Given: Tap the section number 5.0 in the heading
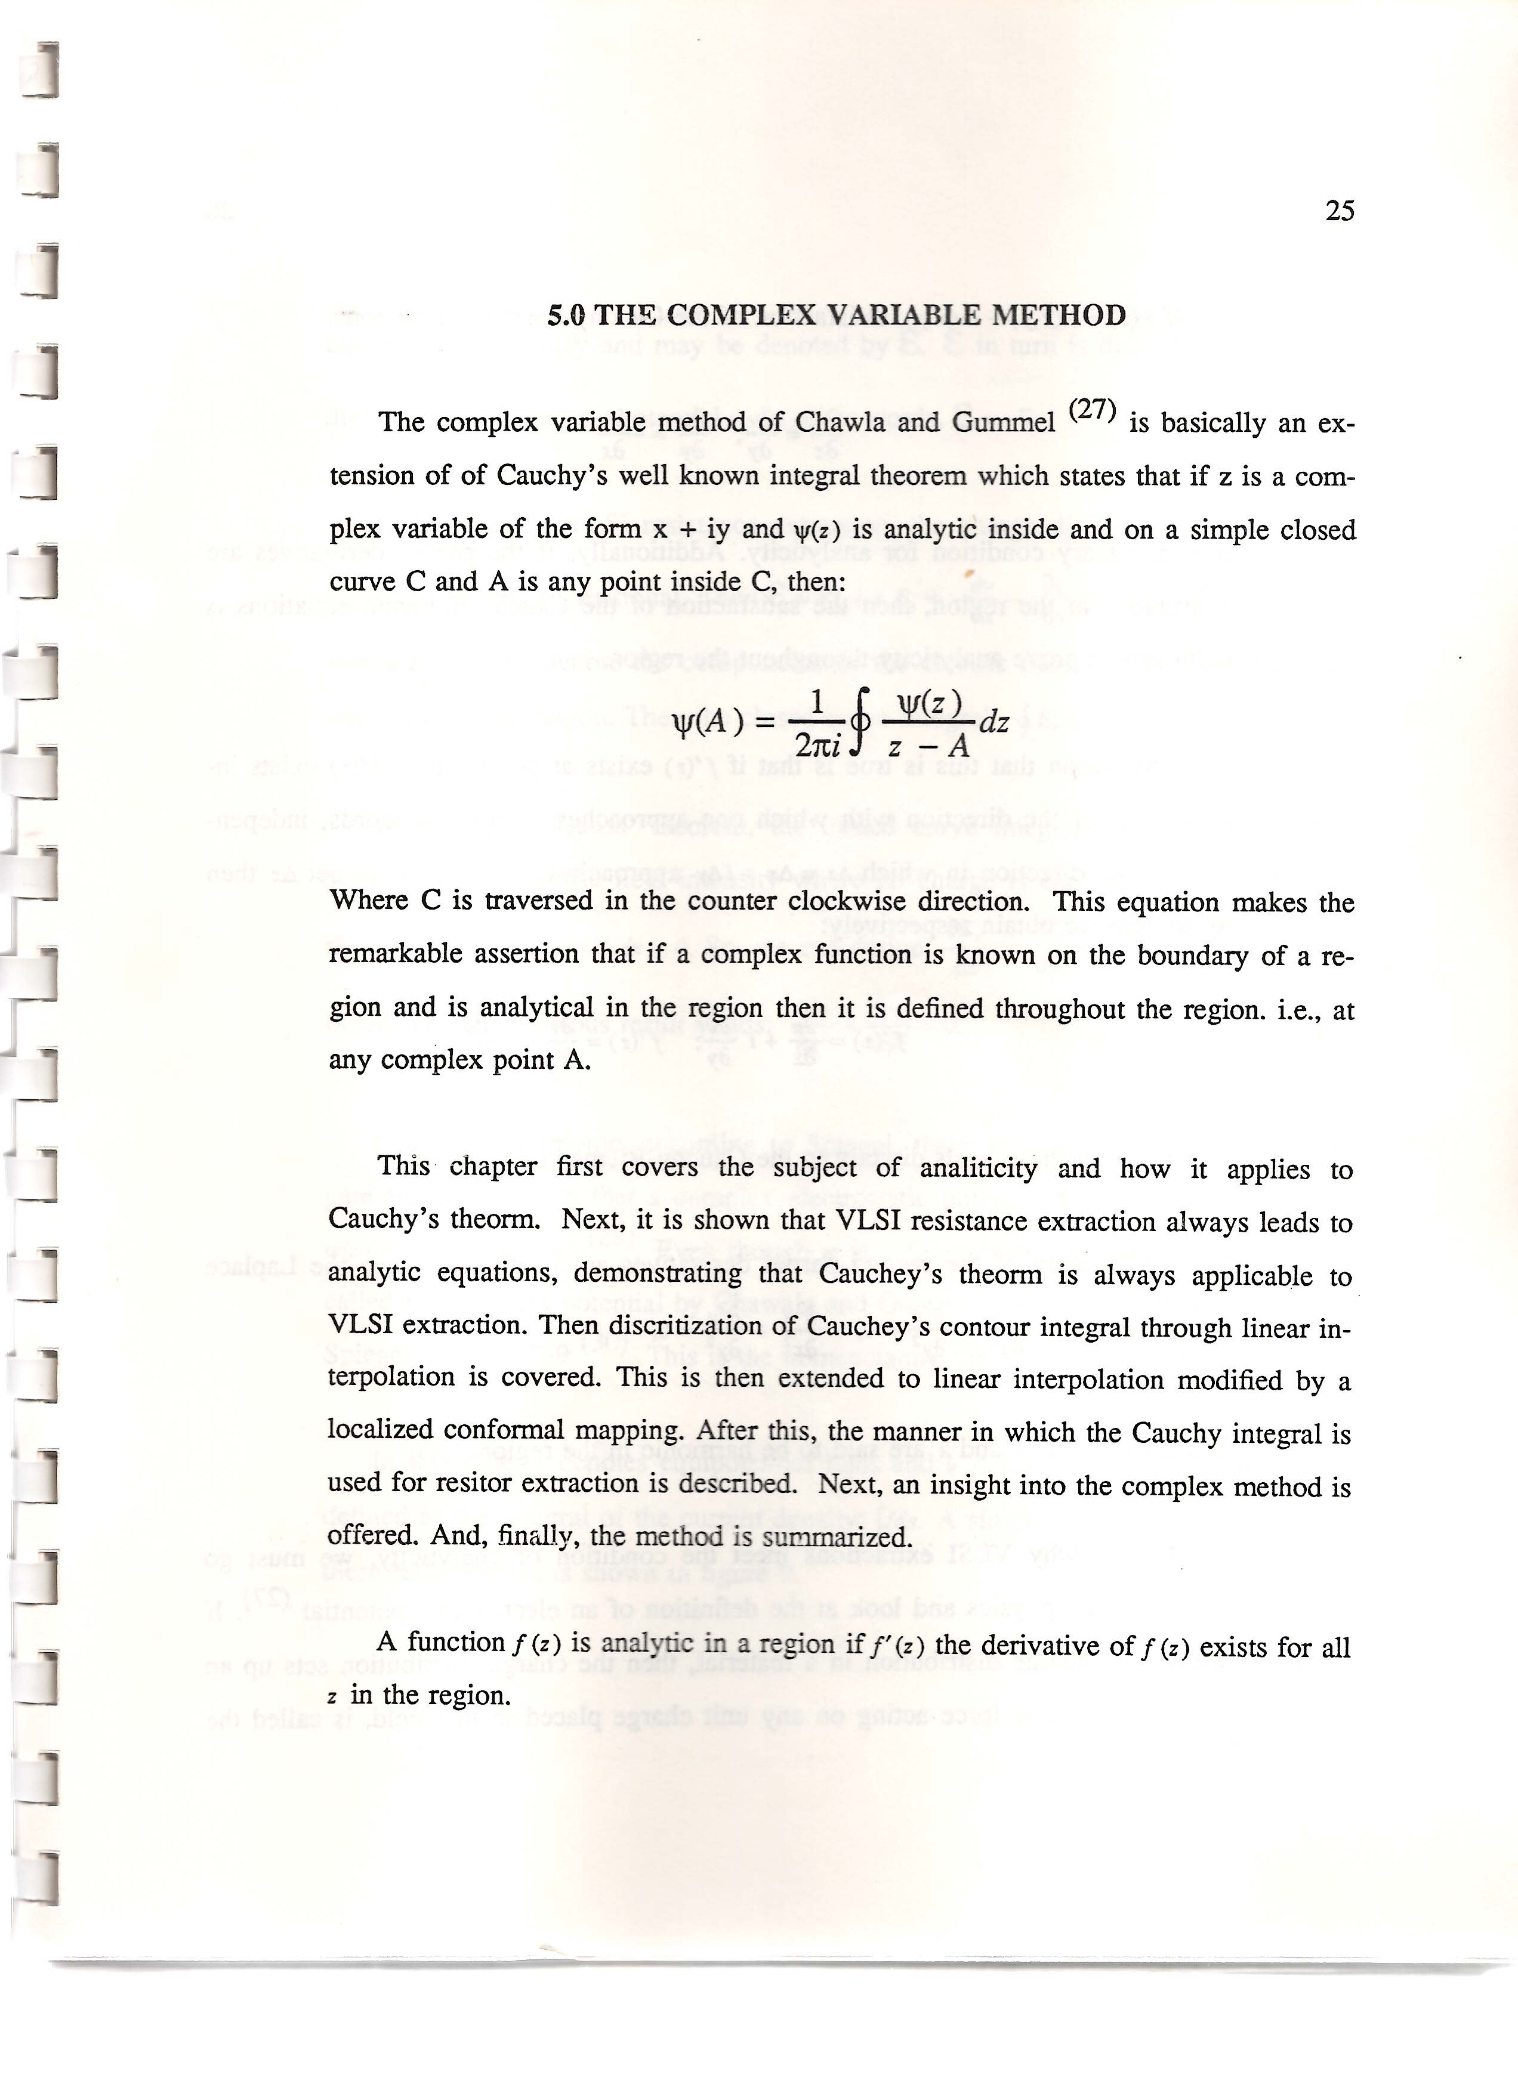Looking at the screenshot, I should [x=566, y=315].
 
